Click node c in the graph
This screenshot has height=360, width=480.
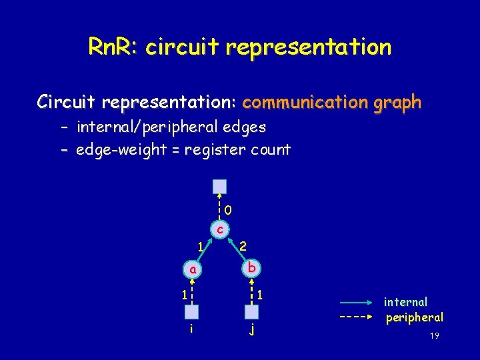220,229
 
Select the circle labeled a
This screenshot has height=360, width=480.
192,270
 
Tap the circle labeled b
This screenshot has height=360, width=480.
251,268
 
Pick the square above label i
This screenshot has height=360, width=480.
192,311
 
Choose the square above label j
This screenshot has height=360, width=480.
251,311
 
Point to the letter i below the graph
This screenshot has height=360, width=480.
191,329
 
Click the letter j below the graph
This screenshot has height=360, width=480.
252,329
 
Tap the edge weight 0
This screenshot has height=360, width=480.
228,211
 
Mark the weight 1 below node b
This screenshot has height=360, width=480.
261,293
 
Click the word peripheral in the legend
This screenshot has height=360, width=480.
415,317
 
